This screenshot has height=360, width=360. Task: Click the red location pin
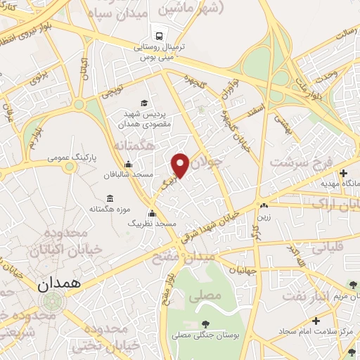tap(180, 164)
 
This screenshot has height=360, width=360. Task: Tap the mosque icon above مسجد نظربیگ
tap(151, 214)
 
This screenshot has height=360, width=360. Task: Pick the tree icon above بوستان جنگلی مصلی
tap(204, 323)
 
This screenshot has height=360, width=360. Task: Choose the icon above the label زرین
tap(264, 207)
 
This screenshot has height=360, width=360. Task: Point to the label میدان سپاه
tap(141, 14)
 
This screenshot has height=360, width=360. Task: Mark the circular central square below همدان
tap(51, 301)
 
